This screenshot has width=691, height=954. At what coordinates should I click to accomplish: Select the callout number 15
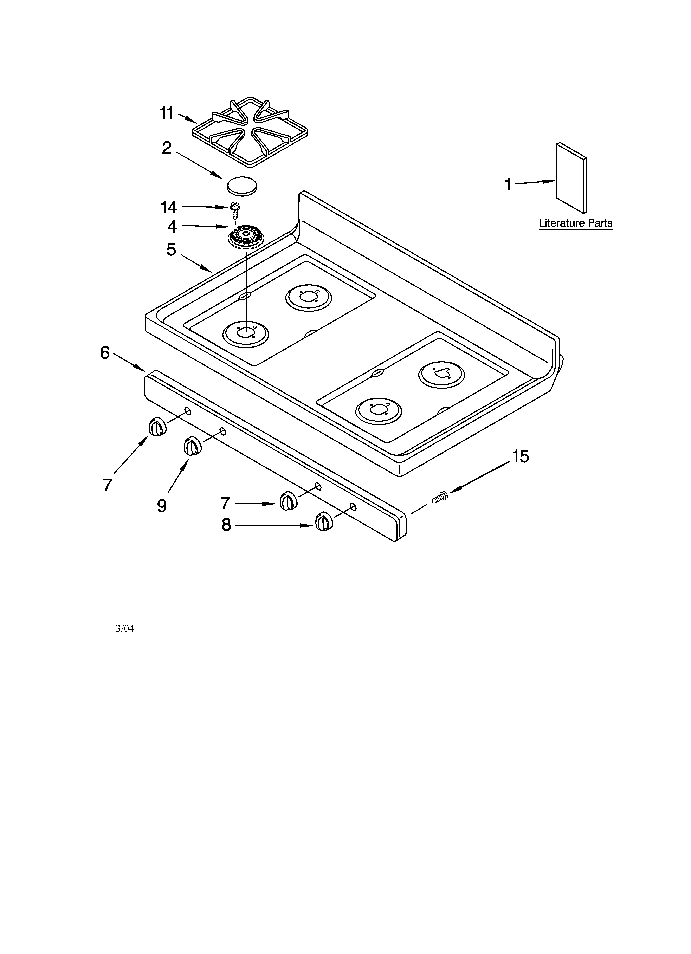pyautogui.click(x=521, y=456)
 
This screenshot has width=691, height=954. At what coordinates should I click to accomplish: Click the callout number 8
pyautogui.click(x=226, y=525)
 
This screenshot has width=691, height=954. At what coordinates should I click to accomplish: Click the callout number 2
pyautogui.click(x=167, y=148)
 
